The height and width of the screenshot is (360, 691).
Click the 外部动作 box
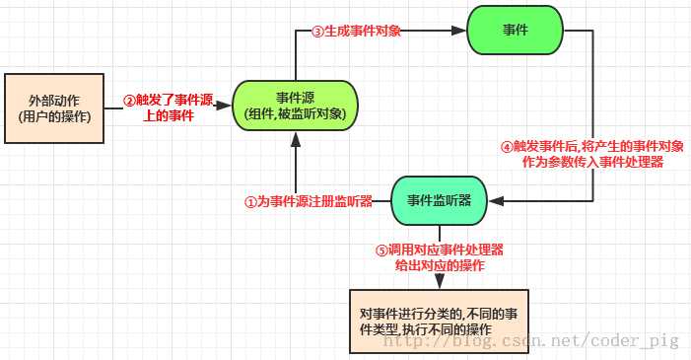(55, 108)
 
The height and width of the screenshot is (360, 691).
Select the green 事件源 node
(296, 106)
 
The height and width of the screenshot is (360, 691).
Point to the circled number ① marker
(250, 201)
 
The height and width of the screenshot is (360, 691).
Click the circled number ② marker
(128, 100)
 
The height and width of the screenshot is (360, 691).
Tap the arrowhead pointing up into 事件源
(296, 140)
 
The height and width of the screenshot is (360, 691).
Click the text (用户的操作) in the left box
(55, 117)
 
